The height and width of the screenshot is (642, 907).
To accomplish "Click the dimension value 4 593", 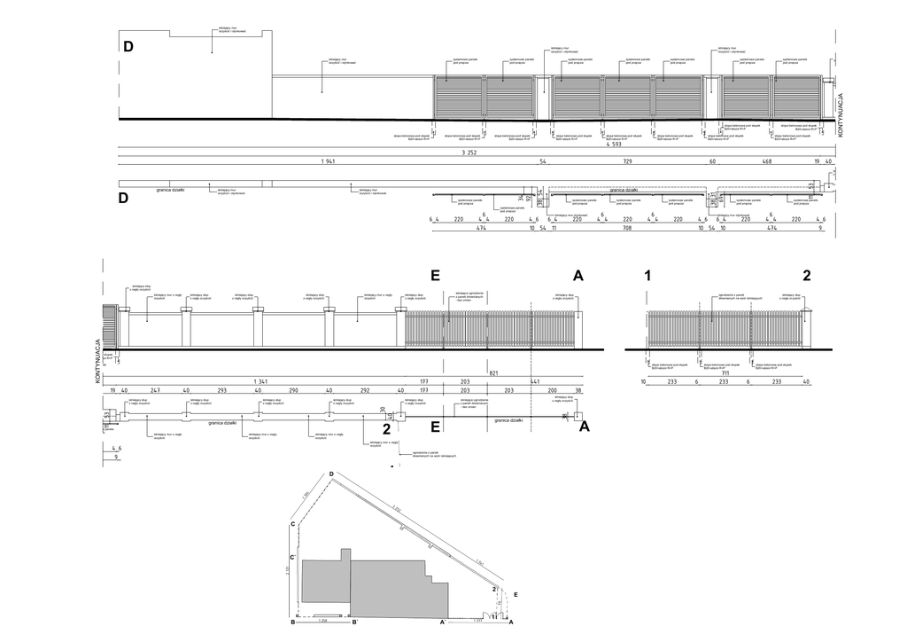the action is point(613,145).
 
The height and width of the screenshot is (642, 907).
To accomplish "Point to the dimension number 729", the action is point(627,162).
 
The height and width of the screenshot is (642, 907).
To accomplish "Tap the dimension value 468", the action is point(767,162).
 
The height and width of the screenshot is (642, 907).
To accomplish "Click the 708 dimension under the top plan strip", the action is point(627,228).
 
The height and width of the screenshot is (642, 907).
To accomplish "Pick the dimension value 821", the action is point(494,373).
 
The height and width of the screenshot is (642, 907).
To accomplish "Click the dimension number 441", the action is point(535,381).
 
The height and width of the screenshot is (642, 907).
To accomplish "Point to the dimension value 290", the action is point(292,390).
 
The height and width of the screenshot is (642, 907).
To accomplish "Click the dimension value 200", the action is point(553,390).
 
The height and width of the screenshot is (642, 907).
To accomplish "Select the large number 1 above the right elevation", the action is point(647,276).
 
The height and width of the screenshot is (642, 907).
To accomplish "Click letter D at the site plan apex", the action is point(331,475).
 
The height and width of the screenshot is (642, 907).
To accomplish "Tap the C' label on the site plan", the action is point(292,557).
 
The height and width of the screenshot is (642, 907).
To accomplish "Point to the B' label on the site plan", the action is point(355,623).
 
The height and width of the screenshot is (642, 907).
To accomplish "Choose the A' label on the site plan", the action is point(443,623).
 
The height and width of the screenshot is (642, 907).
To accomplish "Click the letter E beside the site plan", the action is point(516,596).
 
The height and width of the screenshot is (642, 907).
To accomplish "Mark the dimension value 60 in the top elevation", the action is point(712,162).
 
